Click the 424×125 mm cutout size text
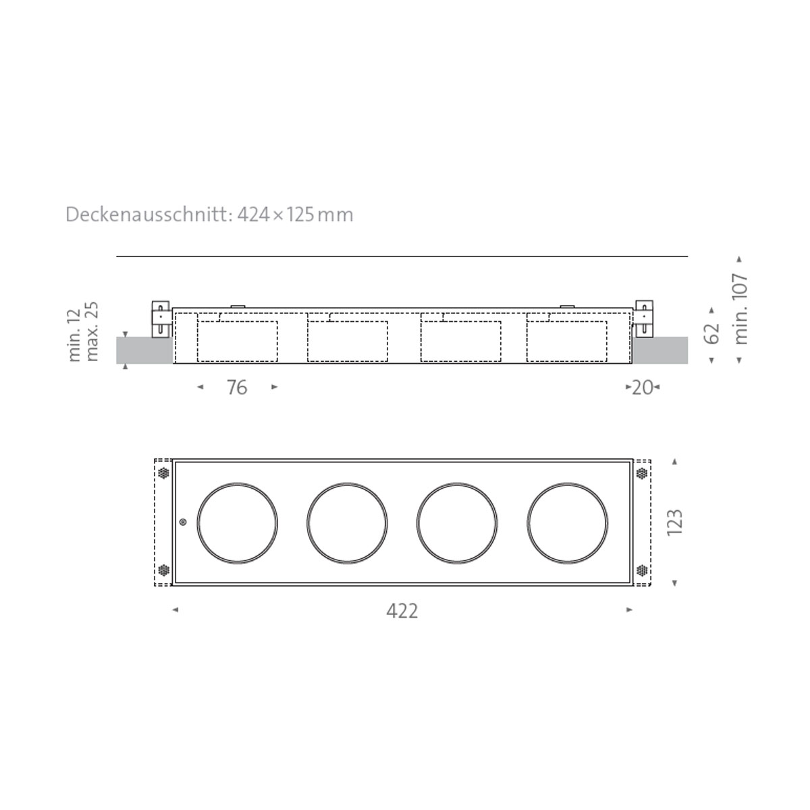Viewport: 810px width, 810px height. point(295,215)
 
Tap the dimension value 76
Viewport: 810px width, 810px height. point(236,387)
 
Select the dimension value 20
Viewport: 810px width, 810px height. point(642,387)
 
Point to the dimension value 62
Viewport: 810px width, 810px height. point(712,333)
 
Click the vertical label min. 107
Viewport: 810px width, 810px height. point(740,308)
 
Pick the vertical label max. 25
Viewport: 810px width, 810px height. point(93,331)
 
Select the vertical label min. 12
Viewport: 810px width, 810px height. point(74,334)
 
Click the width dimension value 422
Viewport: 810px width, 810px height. point(402,611)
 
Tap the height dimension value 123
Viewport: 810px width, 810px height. point(674,522)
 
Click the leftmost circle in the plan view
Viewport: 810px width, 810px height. point(237,522)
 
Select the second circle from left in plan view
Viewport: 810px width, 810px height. point(347,522)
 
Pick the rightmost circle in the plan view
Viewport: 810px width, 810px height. point(568,522)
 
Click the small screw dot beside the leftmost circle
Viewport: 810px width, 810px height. point(183,522)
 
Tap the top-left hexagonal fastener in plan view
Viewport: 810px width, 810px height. point(163,473)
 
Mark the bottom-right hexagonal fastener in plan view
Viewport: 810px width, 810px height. point(641,571)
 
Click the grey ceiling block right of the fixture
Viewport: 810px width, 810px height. point(660,350)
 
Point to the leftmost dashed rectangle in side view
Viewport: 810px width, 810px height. point(237,341)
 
